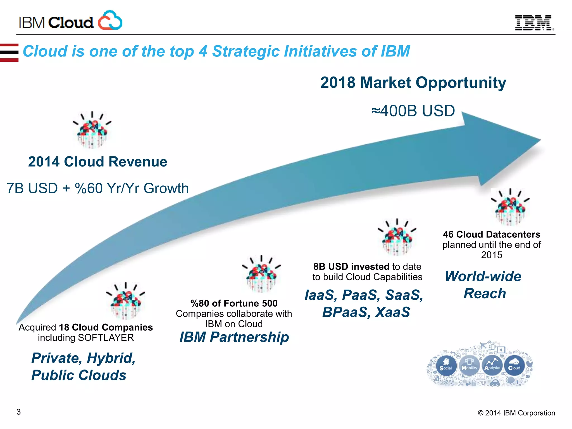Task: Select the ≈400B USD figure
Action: pyautogui.click(x=413, y=111)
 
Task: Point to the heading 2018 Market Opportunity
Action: pyautogui.click(x=413, y=83)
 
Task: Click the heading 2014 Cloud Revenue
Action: pyautogui.click(x=97, y=162)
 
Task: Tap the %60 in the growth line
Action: pyautogui.click(x=89, y=188)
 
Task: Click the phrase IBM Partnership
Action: pyautogui.click(x=234, y=337)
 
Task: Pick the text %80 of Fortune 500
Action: pyautogui.click(x=234, y=303)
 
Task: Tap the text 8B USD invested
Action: pyautogui.click(x=351, y=267)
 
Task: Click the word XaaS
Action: pyautogui.click(x=392, y=312)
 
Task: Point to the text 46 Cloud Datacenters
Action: pyautogui.click(x=491, y=234)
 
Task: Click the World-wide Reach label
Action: pyautogui.click(x=484, y=285)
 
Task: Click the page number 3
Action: pyautogui.click(x=19, y=412)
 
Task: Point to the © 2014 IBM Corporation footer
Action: pyautogui.click(x=516, y=413)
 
